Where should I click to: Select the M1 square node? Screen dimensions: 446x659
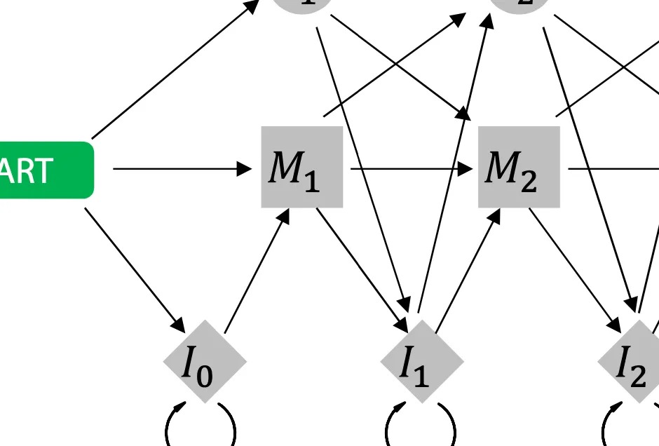[301, 167]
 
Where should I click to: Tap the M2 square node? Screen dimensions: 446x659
[519, 167]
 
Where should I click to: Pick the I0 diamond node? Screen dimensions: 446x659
[205, 361]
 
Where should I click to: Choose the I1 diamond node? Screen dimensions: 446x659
[421, 361]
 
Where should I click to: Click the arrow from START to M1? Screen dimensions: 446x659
[182, 169]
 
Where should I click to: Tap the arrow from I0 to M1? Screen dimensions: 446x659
[257, 271]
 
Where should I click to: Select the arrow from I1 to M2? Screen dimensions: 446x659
[468, 271]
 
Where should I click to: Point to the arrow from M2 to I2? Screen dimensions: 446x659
[575, 269]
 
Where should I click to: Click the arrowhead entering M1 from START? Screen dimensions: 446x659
[245, 169]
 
